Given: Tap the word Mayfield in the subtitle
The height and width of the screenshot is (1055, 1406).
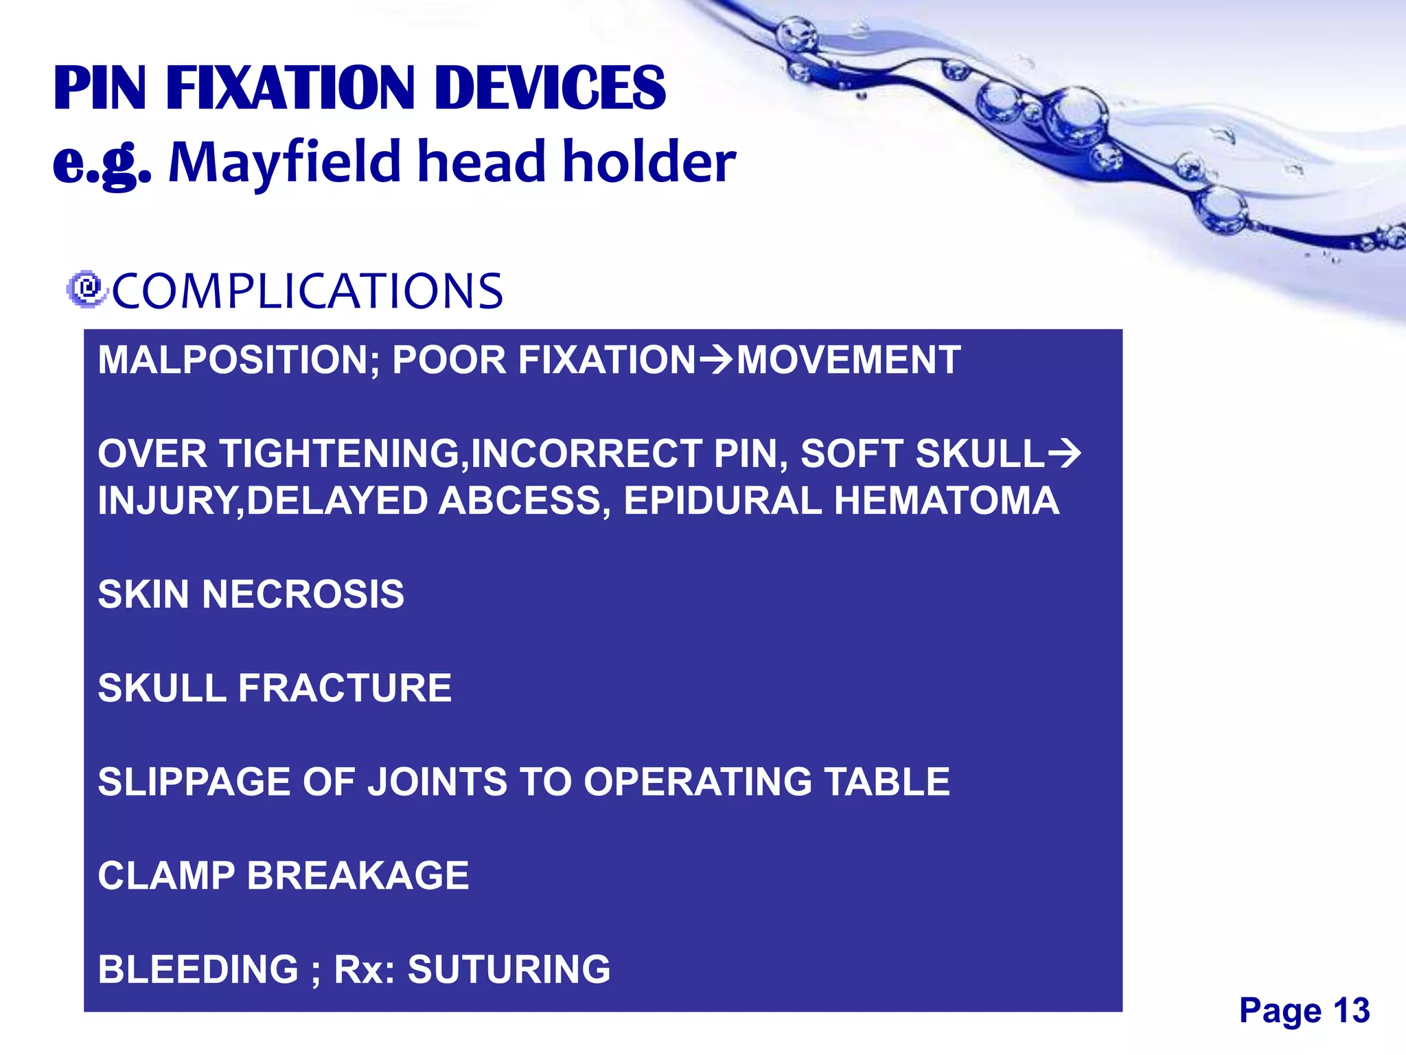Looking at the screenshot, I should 284,162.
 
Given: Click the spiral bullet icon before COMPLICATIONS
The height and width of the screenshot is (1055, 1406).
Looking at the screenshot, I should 87,289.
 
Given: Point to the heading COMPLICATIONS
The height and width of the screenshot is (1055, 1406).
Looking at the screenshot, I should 307,291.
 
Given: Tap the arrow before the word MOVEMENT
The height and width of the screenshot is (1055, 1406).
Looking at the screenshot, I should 715,359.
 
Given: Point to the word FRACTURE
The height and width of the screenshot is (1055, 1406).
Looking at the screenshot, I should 345,688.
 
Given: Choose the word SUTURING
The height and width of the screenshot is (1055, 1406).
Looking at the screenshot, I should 509,969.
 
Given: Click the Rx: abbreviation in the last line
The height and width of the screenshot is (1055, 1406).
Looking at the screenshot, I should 364,969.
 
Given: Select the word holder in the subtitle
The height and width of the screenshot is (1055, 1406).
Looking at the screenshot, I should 649,162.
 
